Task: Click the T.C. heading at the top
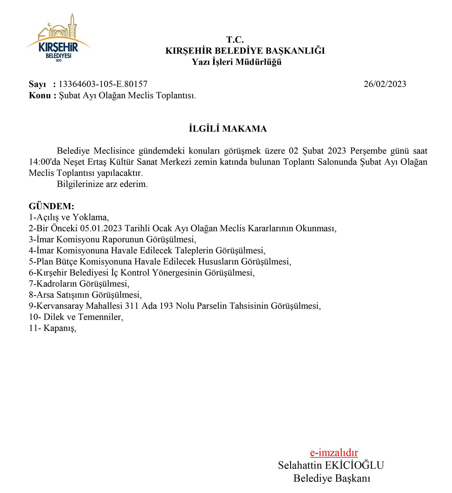click(235, 40)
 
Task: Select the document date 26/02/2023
click(385, 84)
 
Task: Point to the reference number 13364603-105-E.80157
click(103, 84)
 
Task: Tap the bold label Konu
click(40, 95)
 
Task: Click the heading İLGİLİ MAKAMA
click(228, 129)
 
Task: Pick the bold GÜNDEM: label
click(51, 206)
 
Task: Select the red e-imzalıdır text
click(334, 452)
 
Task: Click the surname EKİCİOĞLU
click(354, 465)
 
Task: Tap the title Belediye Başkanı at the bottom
click(332, 478)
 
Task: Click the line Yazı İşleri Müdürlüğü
click(236, 62)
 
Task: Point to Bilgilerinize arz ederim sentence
click(102, 184)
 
